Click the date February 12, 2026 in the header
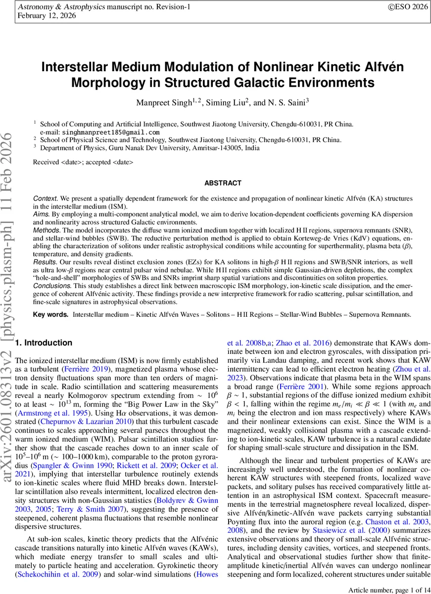pos(47,15)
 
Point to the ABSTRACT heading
pos(223,183)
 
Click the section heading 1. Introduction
pos(44,343)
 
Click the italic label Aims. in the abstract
pos(42,215)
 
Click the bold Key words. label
pos(51,315)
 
